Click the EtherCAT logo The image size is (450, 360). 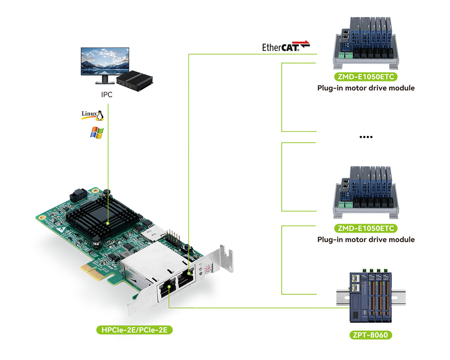click(x=286, y=46)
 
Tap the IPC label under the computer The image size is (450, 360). click(x=107, y=94)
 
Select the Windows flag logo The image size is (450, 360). click(x=97, y=133)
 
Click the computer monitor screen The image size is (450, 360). click(x=105, y=61)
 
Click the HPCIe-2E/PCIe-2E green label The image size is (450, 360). click(x=134, y=330)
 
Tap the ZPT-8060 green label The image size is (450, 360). click(x=370, y=335)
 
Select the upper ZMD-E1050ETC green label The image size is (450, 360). click(x=366, y=76)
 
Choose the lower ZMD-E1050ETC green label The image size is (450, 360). click(x=366, y=228)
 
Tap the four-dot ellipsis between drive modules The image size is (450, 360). click(x=366, y=137)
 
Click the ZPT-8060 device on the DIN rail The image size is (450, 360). click(x=371, y=297)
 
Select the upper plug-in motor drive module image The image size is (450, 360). click(x=366, y=43)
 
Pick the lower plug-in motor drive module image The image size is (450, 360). click(x=366, y=192)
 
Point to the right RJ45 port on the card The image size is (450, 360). click(x=186, y=277)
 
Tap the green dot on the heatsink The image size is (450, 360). click(x=108, y=223)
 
